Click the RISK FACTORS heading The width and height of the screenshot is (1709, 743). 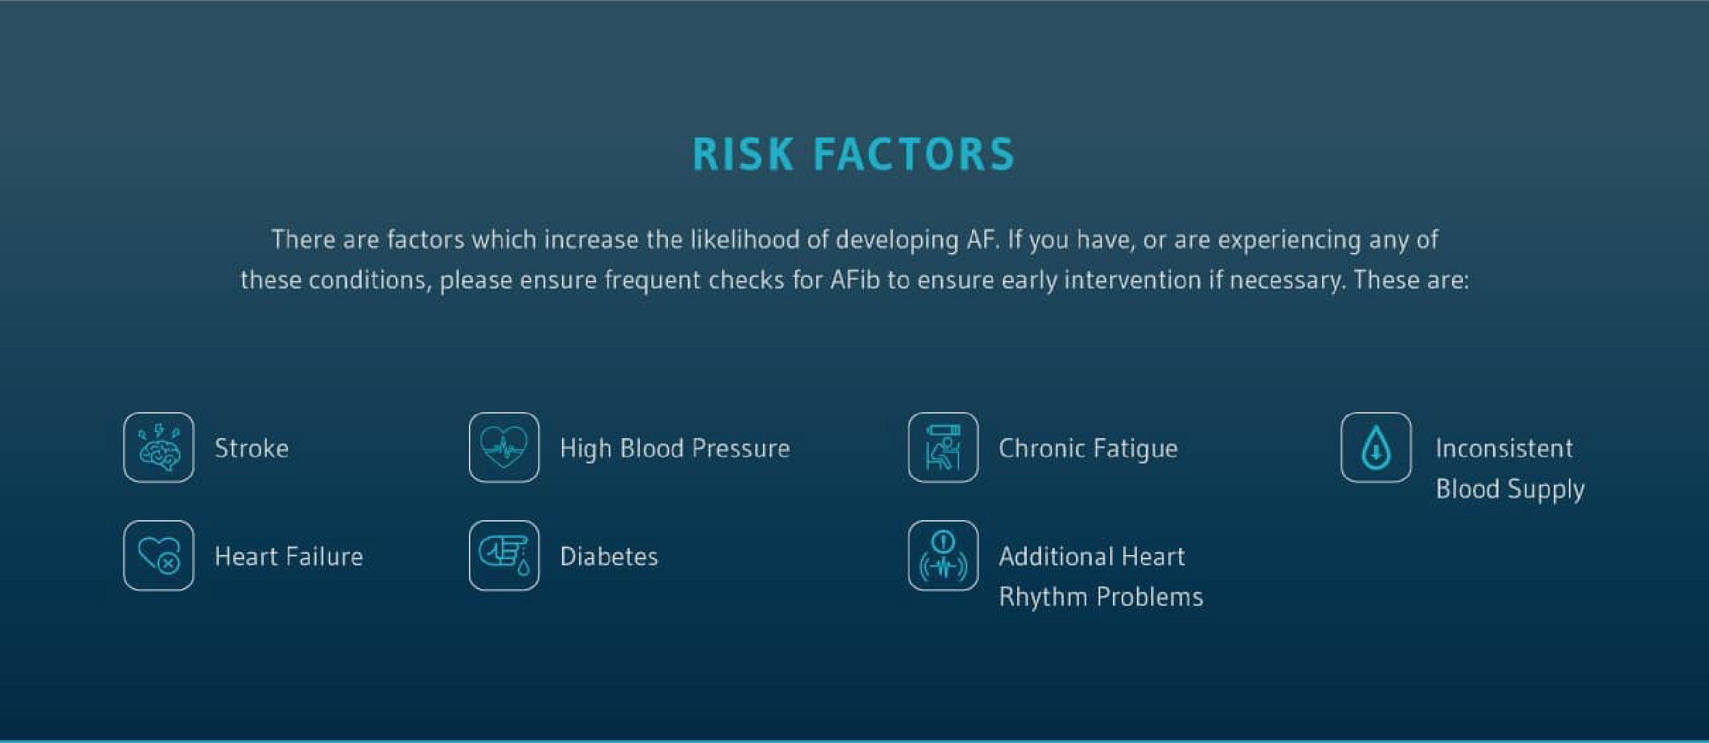pyautogui.click(x=854, y=154)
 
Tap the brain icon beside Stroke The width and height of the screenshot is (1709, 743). pyautogui.click(x=159, y=448)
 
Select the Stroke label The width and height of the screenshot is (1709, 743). pyautogui.click(x=252, y=448)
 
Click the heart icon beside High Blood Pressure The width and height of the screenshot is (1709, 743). pyautogui.click(x=504, y=448)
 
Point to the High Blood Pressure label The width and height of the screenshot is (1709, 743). pyautogui.click(x=675, y=449)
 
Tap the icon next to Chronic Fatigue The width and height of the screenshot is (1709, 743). pyautogui.click(x=943, y=448)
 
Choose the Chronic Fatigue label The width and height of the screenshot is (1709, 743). pyautogui.click(x=1088, y=449)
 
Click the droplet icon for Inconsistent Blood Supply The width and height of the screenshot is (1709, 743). pyautogui.click(x=1376, y=448)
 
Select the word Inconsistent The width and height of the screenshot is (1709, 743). pyautogui.click(x=1504, y=448)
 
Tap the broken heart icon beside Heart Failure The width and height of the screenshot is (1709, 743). pyautogui.click(x=159, y=556)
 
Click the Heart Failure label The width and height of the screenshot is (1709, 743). pyautogui.click(x=288, y=556)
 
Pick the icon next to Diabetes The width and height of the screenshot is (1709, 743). pyautogui.click(x=504, y=556)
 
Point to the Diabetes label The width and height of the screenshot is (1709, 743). pyautogui.click(x=609, y=556)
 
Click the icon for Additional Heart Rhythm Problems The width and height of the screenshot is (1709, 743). pyautogui.click(x=943, y=556)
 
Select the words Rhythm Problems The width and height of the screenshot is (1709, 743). pyautogui.click(x=1101, y=597)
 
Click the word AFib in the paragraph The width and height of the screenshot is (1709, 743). pyautogui.click(x=855, y=280)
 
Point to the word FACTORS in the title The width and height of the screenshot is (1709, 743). pyautogui.click(x=914, y=154)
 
